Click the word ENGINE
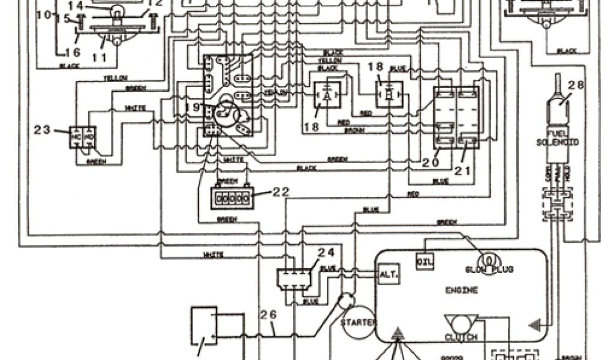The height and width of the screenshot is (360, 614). click(462, 290)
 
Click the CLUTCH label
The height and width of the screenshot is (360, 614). click(461, 337)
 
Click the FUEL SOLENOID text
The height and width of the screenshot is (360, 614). click(557, 137)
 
